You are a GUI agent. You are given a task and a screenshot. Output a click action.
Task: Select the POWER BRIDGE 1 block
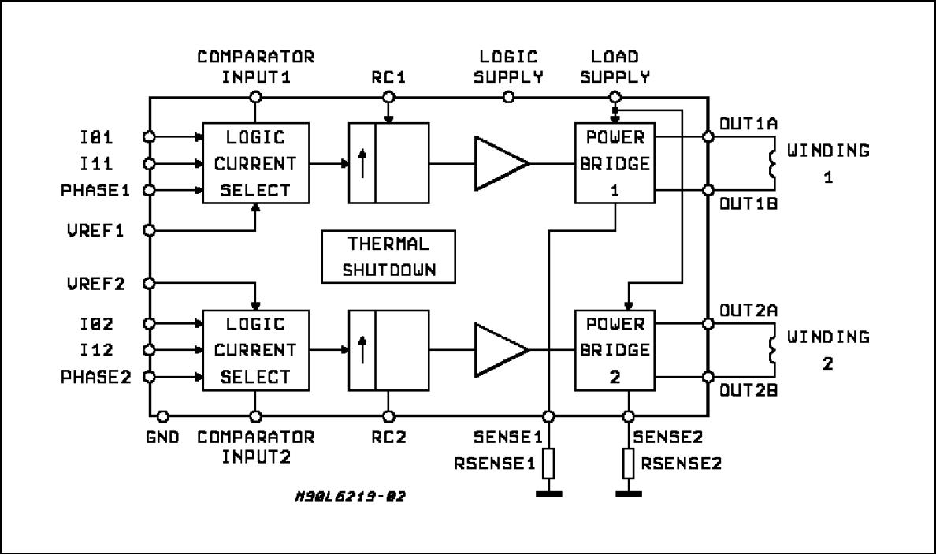(615, 163)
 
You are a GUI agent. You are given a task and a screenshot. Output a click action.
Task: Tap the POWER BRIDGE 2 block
(615, 350)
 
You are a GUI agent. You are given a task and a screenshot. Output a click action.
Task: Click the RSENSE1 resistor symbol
(548, 464)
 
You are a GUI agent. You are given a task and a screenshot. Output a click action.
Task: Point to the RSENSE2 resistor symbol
(628, 464)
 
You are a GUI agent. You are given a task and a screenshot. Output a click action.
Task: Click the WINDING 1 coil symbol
(772, 163)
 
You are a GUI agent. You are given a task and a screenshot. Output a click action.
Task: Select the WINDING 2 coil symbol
(772, 350)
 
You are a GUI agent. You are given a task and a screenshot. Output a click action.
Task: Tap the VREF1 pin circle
(149, 230)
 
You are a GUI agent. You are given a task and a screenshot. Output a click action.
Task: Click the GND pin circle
(162, 415)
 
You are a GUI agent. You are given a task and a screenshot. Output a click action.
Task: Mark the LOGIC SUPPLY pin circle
(509, 97)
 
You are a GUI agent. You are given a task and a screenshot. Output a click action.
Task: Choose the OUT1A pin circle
(708, 136)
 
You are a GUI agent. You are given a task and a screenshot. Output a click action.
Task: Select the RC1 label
(388, 76)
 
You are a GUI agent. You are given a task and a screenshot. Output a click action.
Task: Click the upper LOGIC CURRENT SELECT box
(256, 163)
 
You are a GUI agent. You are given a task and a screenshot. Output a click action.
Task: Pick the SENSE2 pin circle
(628, 415)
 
